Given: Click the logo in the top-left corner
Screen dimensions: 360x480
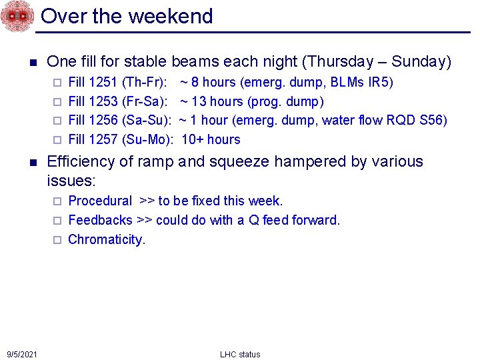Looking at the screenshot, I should (x=17, y=16).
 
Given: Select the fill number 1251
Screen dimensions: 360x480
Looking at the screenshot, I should (x=104, y=83).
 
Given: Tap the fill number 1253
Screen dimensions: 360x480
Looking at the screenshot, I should (x=104, y=102).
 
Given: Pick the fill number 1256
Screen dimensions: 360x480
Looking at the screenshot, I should (x=104, y=121).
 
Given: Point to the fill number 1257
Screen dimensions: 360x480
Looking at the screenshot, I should (x=104, y=139).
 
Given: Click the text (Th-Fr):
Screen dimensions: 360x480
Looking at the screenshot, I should (x=145, y=83).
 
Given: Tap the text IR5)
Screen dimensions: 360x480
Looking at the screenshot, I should (x=381, y=83).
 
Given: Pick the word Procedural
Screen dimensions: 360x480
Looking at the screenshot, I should (x=100, y=201).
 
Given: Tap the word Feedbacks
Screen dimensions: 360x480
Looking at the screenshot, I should (x=100, y=220).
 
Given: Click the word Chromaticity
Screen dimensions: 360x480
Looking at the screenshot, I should (x=106, y=239).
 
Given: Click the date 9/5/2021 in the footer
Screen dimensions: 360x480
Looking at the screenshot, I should (x=22, y=354).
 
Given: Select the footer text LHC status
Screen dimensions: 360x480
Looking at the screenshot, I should (x=240, y=354).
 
